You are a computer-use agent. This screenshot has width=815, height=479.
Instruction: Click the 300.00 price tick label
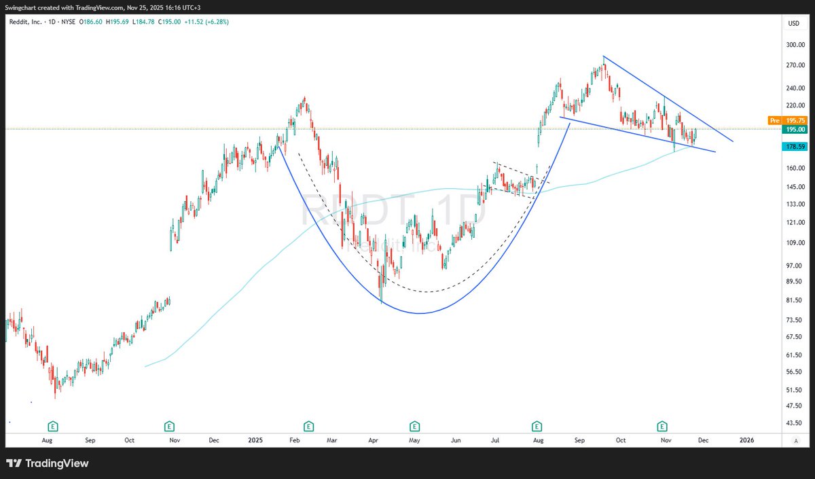pyautogui.click(x=795, y=45)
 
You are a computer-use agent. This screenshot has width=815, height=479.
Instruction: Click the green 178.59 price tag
pyautogui.click(x=795, y=146)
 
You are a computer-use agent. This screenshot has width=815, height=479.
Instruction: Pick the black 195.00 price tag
pyautogui.click(x=795, y=129)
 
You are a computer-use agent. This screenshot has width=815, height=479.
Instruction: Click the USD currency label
pyautogui.click(x=793, y=24)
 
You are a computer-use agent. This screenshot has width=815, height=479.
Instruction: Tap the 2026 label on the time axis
pyautogui.click(x=746, y=440)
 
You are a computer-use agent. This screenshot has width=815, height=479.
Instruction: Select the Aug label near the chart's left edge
pyautogui.click(x=47, y=440)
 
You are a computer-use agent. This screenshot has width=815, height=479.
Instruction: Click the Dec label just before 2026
pyautogui.click(x=703, y=440)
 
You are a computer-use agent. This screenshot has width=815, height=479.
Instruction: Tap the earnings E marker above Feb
pyautogui.click(x=308, y=427)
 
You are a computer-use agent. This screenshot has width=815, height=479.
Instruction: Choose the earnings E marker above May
pyautogui.click(x=414, y=427)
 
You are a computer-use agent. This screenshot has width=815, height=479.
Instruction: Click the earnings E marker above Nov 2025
pyautogui.click(x=662, y=427)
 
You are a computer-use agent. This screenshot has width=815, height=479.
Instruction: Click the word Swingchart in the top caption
pyautogui.click(x=23, y=5)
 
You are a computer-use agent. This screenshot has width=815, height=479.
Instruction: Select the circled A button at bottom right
pyautogui.click(x=795, y=440)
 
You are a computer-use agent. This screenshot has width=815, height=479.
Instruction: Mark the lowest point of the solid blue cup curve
pyautogui.click(x=420, y=313)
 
